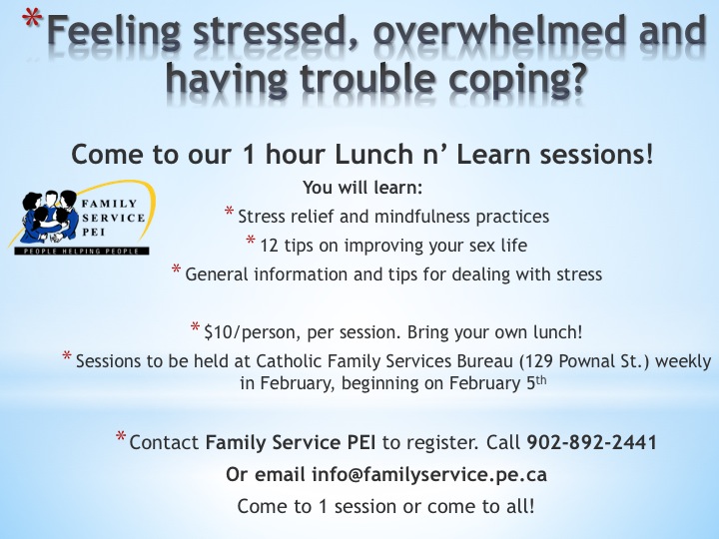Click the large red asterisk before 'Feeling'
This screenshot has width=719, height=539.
(x=32, y=21)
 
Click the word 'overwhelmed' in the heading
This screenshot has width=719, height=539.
(x=499, y=31)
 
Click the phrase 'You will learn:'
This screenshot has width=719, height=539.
(x=362, y=188)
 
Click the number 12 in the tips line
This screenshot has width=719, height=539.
(x=270, y=246)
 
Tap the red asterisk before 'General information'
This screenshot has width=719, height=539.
(x=176, y=269)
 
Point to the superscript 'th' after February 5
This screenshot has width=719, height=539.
(x=541, y=380)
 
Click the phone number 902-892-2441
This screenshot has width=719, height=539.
(x=591, y=443)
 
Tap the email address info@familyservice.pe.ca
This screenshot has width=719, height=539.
(x=429, y=474)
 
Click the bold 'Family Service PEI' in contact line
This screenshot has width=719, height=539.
(x=291, y=443)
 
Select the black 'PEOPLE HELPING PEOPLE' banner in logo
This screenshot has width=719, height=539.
(x=82, y=252)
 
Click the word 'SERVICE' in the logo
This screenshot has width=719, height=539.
(x=114, y=218)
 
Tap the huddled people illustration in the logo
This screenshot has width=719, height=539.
(x=50, y=216)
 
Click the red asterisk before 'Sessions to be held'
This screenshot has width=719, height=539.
(x=67, y=355)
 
